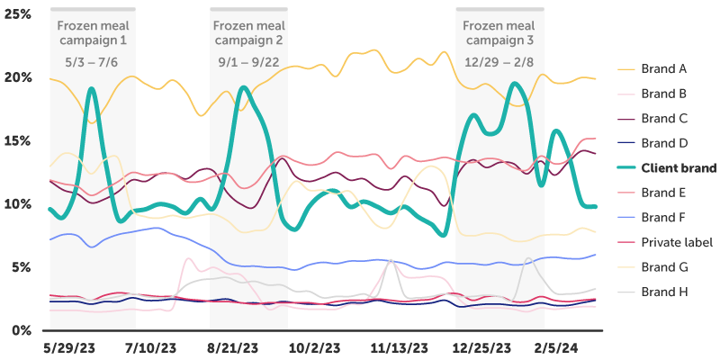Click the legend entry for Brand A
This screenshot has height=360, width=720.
point(664,68)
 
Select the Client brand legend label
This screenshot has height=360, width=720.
point(679,168)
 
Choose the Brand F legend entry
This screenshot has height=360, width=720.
point(664,218)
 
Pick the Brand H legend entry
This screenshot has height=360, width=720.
point(664,292)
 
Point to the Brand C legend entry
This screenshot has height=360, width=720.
point(664,118)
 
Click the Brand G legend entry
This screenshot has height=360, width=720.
point(664,267)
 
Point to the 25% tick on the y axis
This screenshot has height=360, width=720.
point(18,15)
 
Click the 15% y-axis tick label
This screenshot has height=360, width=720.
point(18,141)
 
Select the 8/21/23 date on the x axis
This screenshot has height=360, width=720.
point(234,346)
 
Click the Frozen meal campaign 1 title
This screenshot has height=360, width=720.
point(93,33)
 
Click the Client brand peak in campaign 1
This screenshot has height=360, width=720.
point(92,89)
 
